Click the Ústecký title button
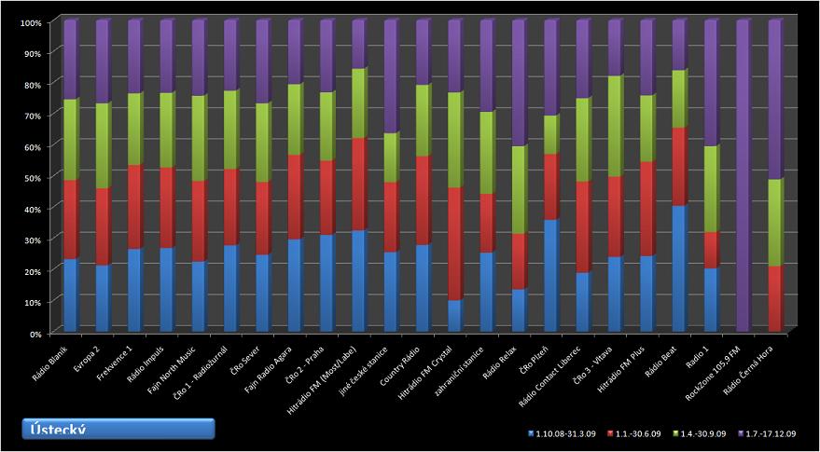[x=118, y=428]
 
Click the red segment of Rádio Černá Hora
[x=774, y=298]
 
